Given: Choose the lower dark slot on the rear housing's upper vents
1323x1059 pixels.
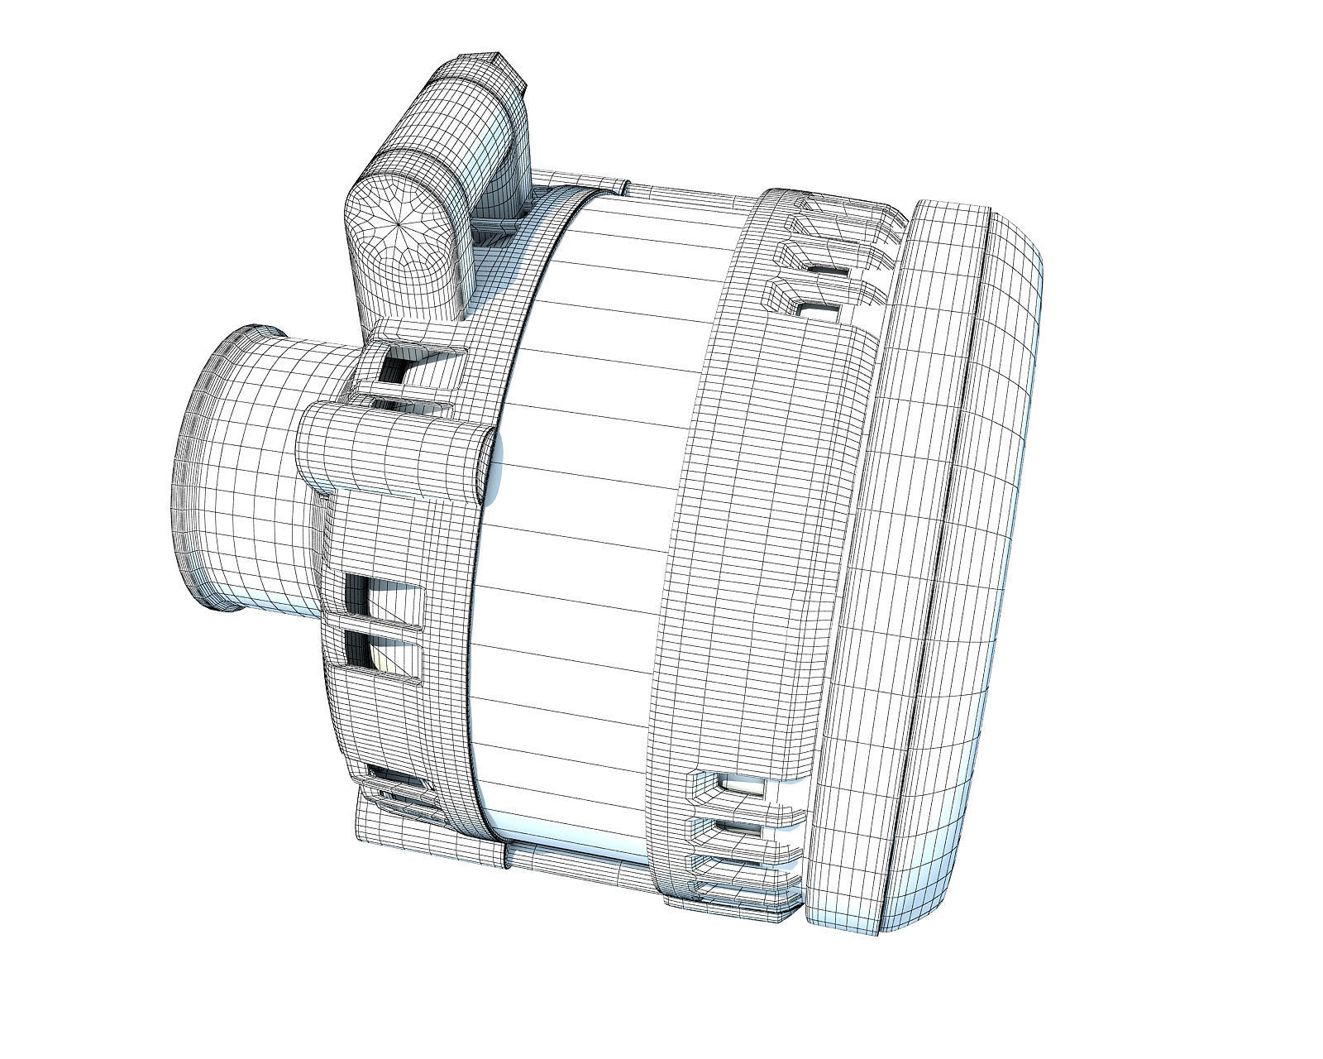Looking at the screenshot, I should [x=819, y=309].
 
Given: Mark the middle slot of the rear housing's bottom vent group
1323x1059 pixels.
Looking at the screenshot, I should [x=740, y=827].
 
